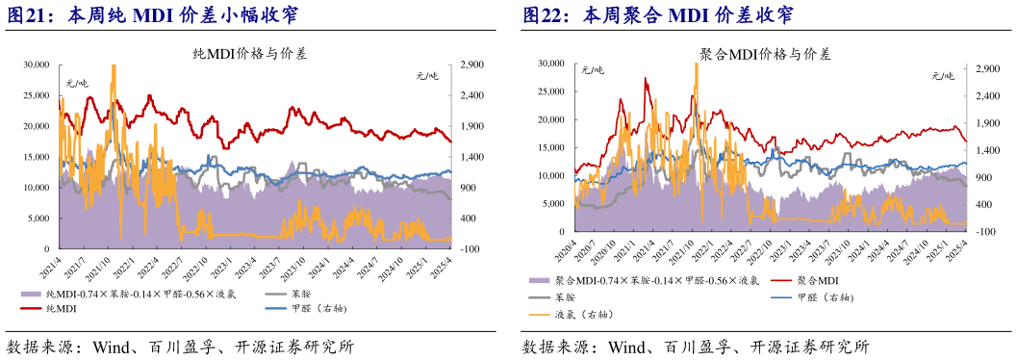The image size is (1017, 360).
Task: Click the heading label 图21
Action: coord(29,15)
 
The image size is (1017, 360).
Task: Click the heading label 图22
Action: coord(545,15)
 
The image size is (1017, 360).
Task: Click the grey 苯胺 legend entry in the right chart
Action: coord(568,297)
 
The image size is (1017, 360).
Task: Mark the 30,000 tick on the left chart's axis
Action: coord(36,64)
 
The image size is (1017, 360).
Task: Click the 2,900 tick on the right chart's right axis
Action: coord(985,70)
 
